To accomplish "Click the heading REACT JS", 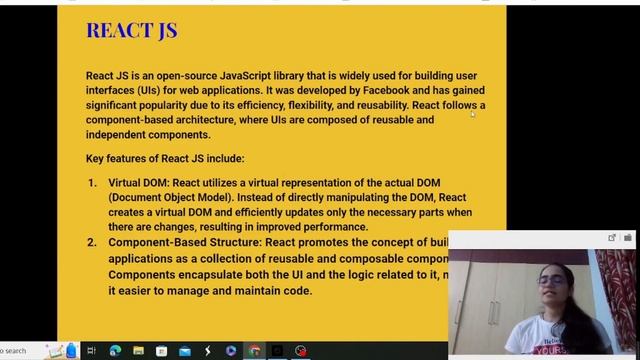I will click(x=132, y=30).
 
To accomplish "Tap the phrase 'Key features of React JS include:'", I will click(x=165, y=158).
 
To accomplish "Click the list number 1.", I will click(x=91, y=183).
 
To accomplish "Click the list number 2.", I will click(x=91, y=242).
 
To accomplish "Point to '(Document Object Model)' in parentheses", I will click(x=174, y=198).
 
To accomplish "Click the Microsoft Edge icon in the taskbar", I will click(x=115, y=351).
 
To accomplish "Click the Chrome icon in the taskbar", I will click(x=254, y=351).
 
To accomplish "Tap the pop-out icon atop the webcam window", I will click(x=612, y=238).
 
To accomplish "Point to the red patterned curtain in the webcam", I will click(x=615, y=290).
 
